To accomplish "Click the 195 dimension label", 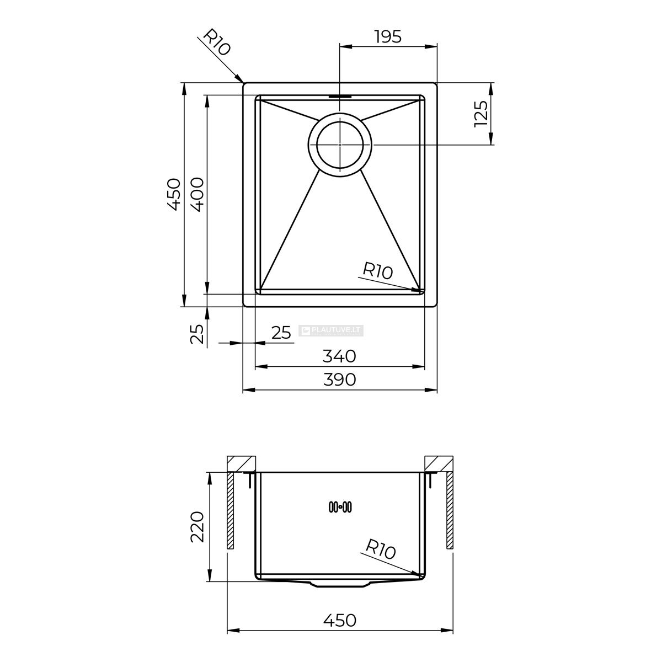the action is pyautogui.click(x=388, y=37).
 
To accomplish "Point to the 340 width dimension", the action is pyautogui.click(x=339, y=356).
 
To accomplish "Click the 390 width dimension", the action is pyautogui.click(x=339, y=380).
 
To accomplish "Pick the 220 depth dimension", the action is pyautogui.click(x=197, y=527).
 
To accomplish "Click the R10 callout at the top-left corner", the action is pyautogui.click(x=217, y=42).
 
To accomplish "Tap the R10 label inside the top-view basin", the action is pyautogui.click(x=377, y=271).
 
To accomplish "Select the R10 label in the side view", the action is pyautogui.click(x=380, y=549).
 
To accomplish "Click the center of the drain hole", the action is pyautogui.click(x=340, y=145).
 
